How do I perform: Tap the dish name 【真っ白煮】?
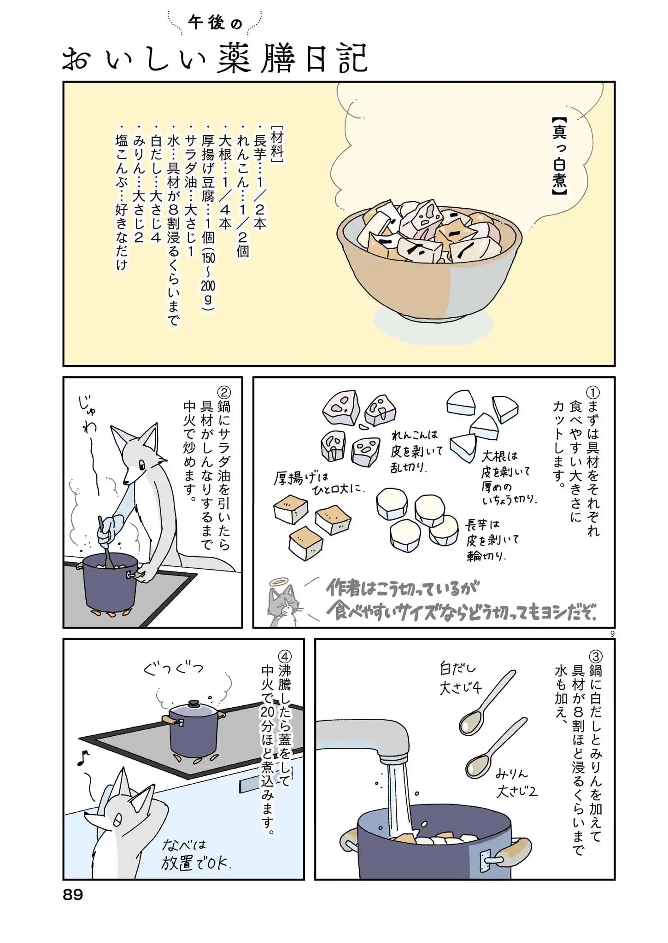pyautogui.click(x=559, y=157)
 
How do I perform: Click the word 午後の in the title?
pyautogui.click(x=215, y=23)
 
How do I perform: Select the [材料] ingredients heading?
pyautogui.click(x=277, y=143)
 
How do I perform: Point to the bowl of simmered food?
pyautogui.click(x=428, y=258)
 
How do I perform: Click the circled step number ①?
pyautogui.click(x=592, y=393)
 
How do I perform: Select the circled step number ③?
pyautogui.click(x=595, y=656)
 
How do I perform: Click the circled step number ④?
pyautogui.click(x=284, y=656)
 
